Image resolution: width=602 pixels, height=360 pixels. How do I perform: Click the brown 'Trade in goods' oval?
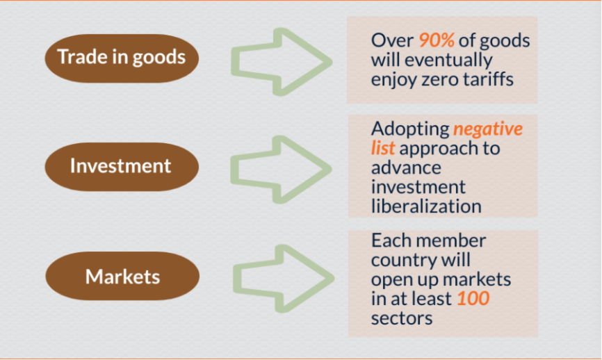122,58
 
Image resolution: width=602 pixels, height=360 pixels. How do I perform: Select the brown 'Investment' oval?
122,167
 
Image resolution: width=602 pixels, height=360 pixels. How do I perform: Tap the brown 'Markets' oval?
122,276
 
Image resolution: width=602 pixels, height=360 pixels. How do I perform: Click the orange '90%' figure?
437,40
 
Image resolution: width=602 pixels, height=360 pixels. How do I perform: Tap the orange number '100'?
473,298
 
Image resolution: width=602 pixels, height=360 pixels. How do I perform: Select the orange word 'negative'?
487,129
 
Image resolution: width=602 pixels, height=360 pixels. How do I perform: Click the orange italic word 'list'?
383,148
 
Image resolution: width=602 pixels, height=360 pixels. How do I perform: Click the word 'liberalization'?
426,206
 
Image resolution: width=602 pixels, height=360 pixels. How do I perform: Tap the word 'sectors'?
402,318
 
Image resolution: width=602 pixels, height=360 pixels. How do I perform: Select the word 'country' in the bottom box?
403,261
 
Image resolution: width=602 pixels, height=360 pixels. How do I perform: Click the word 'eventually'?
448,60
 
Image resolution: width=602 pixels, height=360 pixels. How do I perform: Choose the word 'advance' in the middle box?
406,167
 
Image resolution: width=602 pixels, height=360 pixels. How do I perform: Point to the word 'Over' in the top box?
392,40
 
